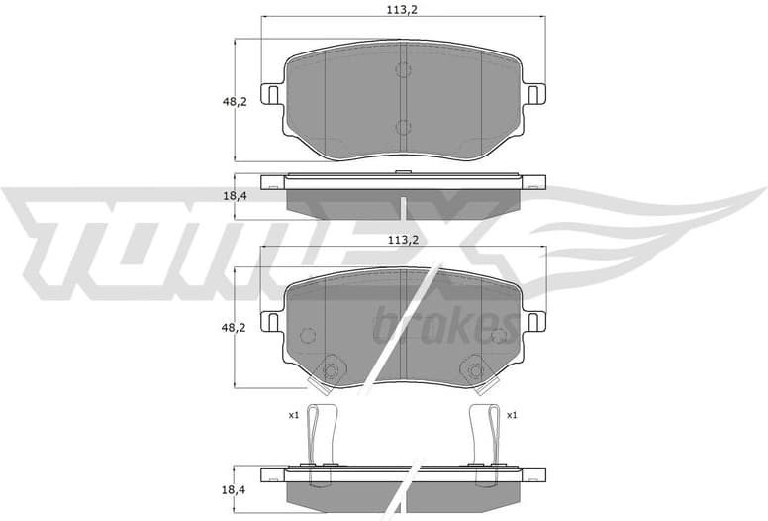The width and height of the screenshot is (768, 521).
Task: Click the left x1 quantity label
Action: click(293, 415)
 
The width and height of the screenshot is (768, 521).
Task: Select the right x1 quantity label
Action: click(511, 415)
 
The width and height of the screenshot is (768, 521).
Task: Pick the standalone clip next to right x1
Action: click(485, 435)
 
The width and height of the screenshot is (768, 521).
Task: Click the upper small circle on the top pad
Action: click(403, 70)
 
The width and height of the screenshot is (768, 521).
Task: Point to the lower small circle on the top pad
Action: click(403, 127)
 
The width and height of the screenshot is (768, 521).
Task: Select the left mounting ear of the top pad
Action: click(268, 94)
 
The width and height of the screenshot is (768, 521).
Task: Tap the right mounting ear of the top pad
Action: click(534, 94)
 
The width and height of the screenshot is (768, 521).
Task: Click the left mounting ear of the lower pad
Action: click(268, 322)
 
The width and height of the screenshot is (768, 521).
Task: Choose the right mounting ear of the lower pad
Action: click(534, 322)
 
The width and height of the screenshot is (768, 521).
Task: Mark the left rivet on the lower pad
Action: click(330, 371)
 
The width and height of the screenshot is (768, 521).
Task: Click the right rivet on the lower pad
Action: click(475, 371)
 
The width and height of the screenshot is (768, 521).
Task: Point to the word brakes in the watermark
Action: click(445, 324)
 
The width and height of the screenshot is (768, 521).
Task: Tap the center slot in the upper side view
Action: click(404, 206)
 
